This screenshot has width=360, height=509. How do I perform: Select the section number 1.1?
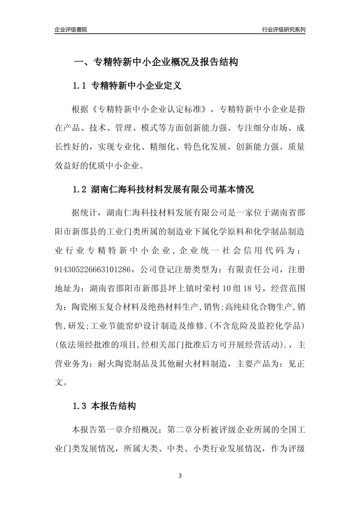coord(80,86)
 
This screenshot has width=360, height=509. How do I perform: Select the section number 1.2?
coord(80,189)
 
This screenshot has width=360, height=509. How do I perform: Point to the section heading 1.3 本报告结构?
coord(104,407)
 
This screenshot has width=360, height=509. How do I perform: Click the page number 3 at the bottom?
coord(180,475)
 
